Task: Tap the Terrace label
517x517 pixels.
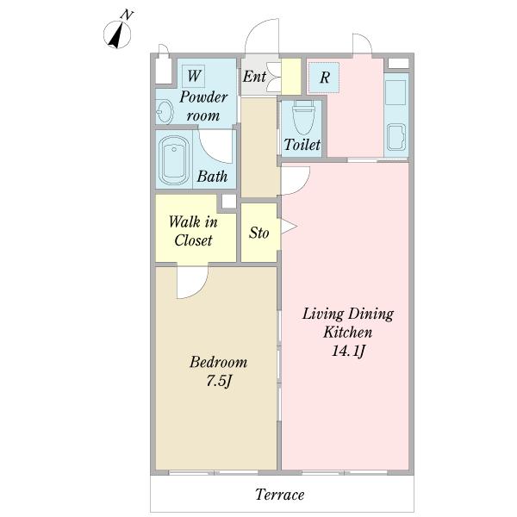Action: pyautogui.click(x=279, y=495)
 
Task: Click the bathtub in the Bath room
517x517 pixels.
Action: pyautogui.click(x=174, y=160)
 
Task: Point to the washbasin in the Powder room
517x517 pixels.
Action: pyautogui.click(x=165, y=111)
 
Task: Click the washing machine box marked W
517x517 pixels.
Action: pyautogui.click(x=194, y=76)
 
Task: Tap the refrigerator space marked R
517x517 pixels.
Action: pyautogui.click(x=324, y=78)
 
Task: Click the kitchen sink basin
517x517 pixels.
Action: pyautogui.click(x=396, y=136)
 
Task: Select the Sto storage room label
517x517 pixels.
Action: pyautogui.click(x=258, y=233)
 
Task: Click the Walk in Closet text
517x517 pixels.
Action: pyautogui.click(x=193, y=231)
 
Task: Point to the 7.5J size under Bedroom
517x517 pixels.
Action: pyautogui.click(x=219, y=381)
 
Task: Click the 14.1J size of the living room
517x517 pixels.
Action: pyautogui.click(x=348, y=351)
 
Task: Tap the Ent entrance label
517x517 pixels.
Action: pyautogui.click(x=254, y=77)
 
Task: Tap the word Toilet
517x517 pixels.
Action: pyautogui.click(x=302, y=145)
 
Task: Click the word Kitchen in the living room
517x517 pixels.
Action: pyautogui.click(x=348, y=332)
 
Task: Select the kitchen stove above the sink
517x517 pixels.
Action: pyautogui.click(x=396, y=92)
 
